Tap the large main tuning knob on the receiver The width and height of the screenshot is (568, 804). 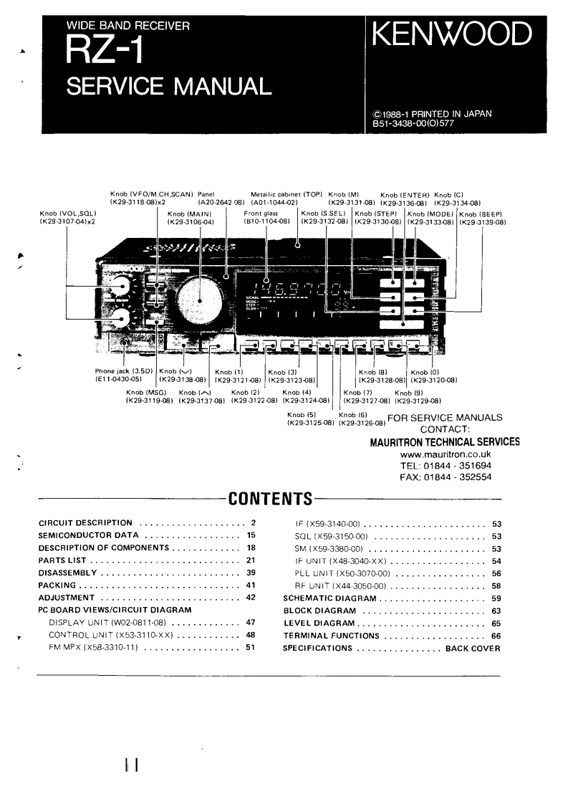click(x=199, y=297)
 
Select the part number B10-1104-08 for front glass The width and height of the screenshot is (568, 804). click(x=266, y=222)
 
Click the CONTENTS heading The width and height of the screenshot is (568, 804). click(x=269, y=499)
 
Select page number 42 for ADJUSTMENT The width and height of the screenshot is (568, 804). click(x=251, y=597)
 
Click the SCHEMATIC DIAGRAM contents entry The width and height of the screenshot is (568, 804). click(x=330, y=597)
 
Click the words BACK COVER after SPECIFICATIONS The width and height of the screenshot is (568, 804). click(x=473, y=648)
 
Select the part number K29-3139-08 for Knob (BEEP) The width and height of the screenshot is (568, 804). click(x=482, y=222)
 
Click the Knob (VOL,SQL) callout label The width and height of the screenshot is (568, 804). click(x=68, y=214)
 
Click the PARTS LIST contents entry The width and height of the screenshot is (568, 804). click(x=61, y=560)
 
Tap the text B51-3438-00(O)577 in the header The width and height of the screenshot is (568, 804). click(x=413, y=122)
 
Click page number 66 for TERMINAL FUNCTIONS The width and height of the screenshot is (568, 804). click(x=496, y=636)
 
